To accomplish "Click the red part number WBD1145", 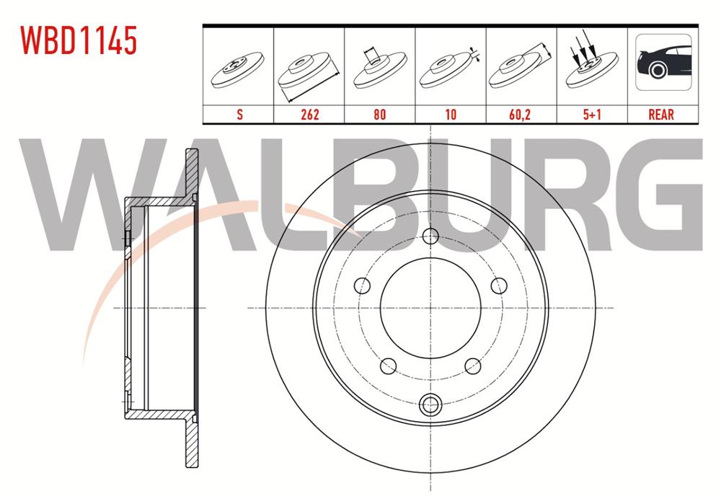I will [79, 41].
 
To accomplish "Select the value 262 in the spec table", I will [309, 115].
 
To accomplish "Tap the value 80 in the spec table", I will [379, 115].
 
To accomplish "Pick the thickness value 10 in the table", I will [451, 115].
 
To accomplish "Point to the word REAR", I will [662, 115].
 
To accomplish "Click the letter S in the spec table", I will [238, 115].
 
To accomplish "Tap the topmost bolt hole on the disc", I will [430, 236].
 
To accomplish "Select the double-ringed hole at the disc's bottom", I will [430, 403].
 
